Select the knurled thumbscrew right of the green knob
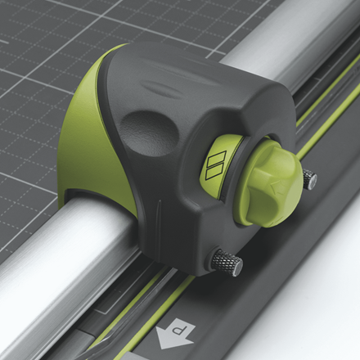pyautogui.click(x=310, y=179)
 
